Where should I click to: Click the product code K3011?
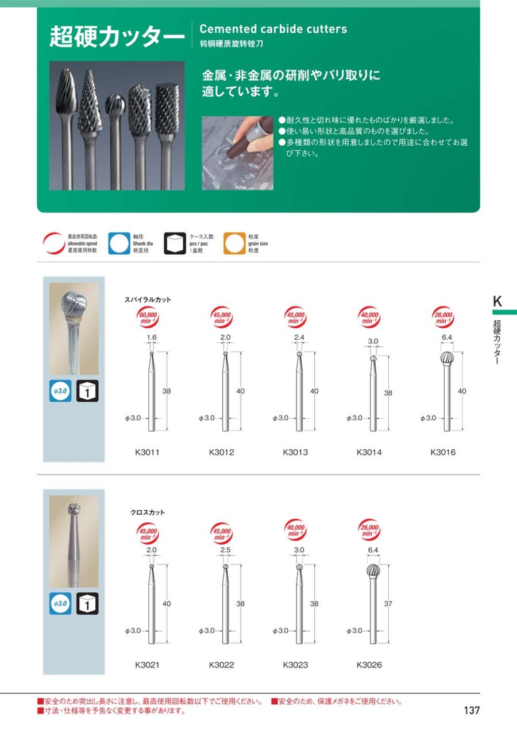click(147, 452)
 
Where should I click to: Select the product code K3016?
click(443, 452)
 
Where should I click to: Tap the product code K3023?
click(295, 665)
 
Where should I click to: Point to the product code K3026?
click(369, 665)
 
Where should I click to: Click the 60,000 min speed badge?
click(148, 317)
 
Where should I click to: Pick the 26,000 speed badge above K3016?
click(443, 317)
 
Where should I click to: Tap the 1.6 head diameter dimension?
click(152, 337)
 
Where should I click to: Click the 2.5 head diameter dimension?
click(225, 550)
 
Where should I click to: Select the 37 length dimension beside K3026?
click(388, 604)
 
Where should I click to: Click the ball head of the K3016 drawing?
click(447, 359)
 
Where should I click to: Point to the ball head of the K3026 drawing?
click(373, 571)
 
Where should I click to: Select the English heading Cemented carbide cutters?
click(273, 29)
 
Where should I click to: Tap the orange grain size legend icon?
click(234, 243)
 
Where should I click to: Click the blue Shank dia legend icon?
click(119, 243)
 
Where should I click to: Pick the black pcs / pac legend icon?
click(175, 243)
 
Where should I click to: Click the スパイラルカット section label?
click(148, 300)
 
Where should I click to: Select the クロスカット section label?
click(148, 512)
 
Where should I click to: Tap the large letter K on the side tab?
click(497, 301)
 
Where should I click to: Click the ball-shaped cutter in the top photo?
click(115, 105)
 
